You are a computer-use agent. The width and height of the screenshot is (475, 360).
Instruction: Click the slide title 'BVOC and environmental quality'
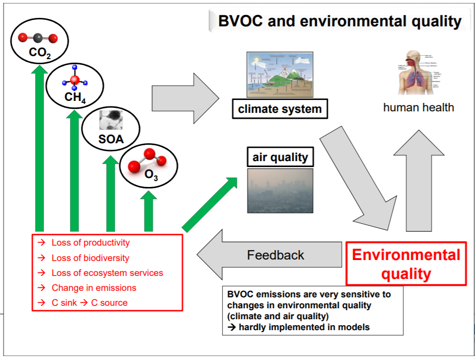340,21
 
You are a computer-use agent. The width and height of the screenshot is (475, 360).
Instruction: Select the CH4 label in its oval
75,96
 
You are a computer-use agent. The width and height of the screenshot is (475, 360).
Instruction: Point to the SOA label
110,139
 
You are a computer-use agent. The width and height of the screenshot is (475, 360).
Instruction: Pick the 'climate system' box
280,109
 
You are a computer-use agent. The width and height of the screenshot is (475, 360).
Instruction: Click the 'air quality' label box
280,158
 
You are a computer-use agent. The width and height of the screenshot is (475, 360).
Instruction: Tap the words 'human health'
418,107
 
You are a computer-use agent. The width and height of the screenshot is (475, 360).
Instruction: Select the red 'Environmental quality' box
406,264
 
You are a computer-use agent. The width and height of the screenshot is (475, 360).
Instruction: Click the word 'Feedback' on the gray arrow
275,256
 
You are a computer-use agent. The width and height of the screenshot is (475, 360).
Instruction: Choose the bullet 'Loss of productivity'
90,243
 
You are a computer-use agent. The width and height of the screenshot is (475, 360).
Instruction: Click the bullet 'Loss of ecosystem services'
107,272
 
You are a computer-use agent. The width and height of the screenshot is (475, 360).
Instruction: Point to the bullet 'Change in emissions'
93,287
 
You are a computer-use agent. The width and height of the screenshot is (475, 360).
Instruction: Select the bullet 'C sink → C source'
89,302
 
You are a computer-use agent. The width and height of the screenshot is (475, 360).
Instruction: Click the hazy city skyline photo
280,190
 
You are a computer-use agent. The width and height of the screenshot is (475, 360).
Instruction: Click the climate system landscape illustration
280,75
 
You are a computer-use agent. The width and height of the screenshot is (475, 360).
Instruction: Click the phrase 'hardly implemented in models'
304,327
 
